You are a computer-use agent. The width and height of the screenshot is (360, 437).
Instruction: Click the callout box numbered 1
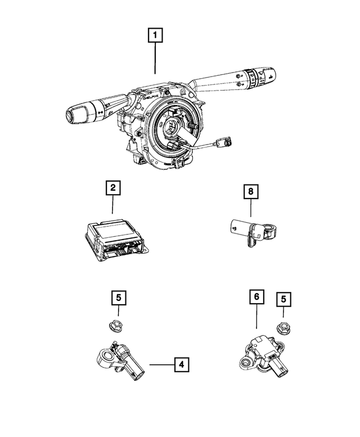coord(156,37)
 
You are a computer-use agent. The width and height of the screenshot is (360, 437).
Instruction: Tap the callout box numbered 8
coord(249,192)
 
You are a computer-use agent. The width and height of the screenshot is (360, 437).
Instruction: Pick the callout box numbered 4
coord(181,365)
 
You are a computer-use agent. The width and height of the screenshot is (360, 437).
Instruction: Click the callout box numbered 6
coord(256,297)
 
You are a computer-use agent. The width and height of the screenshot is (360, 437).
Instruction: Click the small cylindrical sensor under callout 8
coord(247,229)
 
